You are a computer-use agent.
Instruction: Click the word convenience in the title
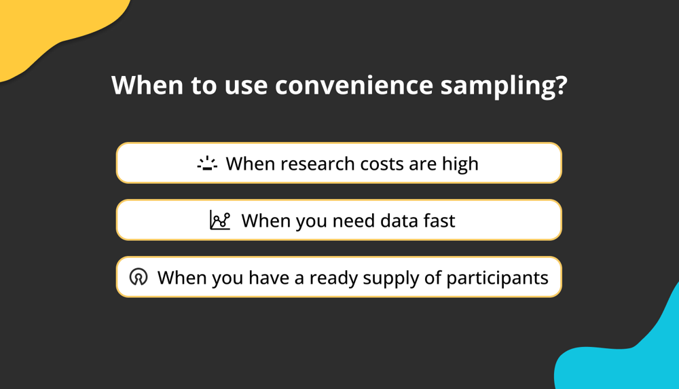pos(354,85)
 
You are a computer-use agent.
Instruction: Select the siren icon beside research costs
pos(207,164)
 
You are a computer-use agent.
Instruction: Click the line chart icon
pos(219,220)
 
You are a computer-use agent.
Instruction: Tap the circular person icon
pos(139,277)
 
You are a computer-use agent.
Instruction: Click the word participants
pos(497,278)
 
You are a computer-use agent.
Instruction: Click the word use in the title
pos(246,86)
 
